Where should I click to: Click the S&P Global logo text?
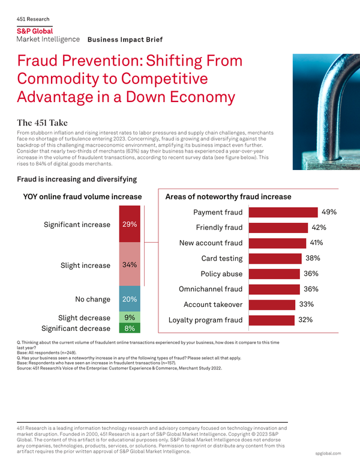pos(34,31)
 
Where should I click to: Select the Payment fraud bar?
pos(282,213)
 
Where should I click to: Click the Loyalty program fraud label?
pos(206,320)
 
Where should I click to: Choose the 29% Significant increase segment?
pos(130,225)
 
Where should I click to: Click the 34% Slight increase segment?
pos(130,264)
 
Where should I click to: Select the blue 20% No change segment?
pos(130,298)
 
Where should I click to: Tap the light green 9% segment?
pos(130,318)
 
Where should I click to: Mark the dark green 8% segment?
pos(130,328)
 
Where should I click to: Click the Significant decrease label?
pos(76,328)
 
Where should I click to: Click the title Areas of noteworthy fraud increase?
pos(228,196)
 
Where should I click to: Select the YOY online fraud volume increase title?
pos(82,196)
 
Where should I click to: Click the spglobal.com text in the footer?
pos(328,453)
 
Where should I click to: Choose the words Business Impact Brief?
pos(125,40)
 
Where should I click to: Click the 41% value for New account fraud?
pos(316,243)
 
